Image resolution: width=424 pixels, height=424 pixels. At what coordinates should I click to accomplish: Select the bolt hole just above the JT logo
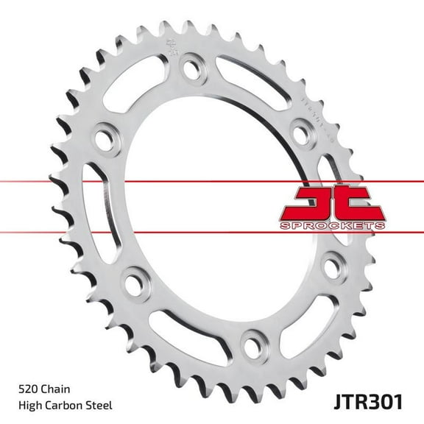[x=300, y=133]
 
